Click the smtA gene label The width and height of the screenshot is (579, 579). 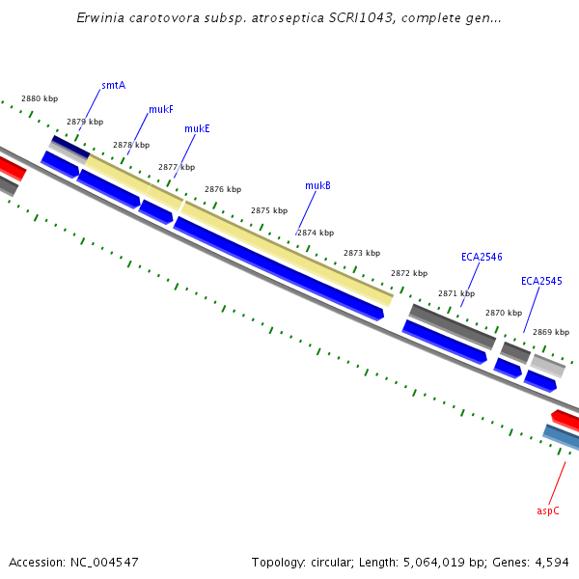(x=114, y=86)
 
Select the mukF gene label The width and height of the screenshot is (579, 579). (x=161, y=110)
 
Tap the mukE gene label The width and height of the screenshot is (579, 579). (x=197, y=128)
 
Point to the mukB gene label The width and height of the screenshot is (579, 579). (x=317, y=185)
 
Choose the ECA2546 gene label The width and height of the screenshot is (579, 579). (x=482, y=257)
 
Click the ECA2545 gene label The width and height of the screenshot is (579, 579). (x=541, y=282)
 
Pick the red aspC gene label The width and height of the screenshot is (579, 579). (x=548, y=510)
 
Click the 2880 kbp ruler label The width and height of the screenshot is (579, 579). (x=40, y=99)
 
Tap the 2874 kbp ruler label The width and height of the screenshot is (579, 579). (x=316, y=233)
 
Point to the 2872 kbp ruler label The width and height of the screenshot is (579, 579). (x=408, y=273)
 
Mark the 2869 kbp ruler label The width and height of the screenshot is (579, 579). (x=550, y=332)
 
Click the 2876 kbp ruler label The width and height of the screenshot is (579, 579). (x=223, y=190)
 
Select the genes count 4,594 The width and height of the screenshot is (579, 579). (x=553, y=562)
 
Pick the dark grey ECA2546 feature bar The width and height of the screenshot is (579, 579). (x=453, y=326)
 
